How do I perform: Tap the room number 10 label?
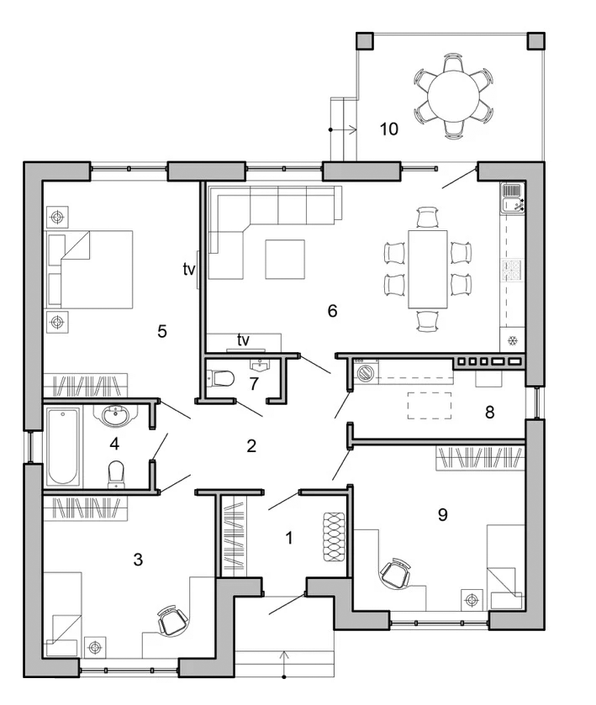[x=389, y=129]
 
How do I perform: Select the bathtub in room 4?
[x=63, y=446]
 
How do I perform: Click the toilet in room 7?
[x=221, y=378]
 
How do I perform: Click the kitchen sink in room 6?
[x=512, y=197]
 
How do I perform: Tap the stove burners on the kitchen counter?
[x=512, y=270]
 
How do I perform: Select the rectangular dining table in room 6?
[x=428, y=270]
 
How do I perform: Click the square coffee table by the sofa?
[x=285, y=259]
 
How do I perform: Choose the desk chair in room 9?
[x=395, y=573]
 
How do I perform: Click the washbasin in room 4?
[x=116, y=415]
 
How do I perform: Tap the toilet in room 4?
[x=116, y=474]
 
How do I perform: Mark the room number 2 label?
[x=251, y=445]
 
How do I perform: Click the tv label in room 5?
[x=189, y=270]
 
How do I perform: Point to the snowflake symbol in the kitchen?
[x=512, y=340]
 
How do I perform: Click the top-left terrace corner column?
[x=365, y=41]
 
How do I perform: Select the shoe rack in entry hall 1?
[x=334, y=537]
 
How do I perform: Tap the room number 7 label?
[x=254, y=384]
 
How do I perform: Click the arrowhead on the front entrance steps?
[x=284, y=655]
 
